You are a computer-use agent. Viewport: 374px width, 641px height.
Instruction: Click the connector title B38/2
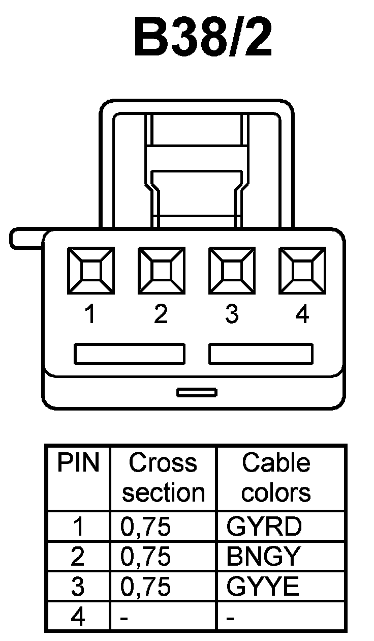[202, 39]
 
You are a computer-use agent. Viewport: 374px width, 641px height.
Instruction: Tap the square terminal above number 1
[91, 271]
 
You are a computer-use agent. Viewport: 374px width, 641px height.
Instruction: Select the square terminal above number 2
[162, 271]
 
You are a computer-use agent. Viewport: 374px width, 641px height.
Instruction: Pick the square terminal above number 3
[232, 271]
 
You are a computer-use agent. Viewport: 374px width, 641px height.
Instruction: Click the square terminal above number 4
[303, 271]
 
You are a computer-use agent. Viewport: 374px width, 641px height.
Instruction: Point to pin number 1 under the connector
[90, 315]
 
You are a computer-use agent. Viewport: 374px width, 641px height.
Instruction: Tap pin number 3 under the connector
[232, 315]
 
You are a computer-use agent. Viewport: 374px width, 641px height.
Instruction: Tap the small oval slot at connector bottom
[197, 392]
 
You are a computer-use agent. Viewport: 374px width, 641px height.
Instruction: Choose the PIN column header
[78, 463]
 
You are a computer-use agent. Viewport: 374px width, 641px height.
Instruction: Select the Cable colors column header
[276, 478]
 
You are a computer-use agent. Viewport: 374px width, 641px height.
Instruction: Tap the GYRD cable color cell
[264, 527]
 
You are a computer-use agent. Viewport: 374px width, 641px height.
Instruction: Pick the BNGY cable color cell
[264, 557]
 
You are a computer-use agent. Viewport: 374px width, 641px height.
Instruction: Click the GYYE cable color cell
[263, 587]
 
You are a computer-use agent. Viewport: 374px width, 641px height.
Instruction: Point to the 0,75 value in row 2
[145, 557]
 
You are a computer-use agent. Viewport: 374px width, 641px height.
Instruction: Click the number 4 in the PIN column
[78, 617]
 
